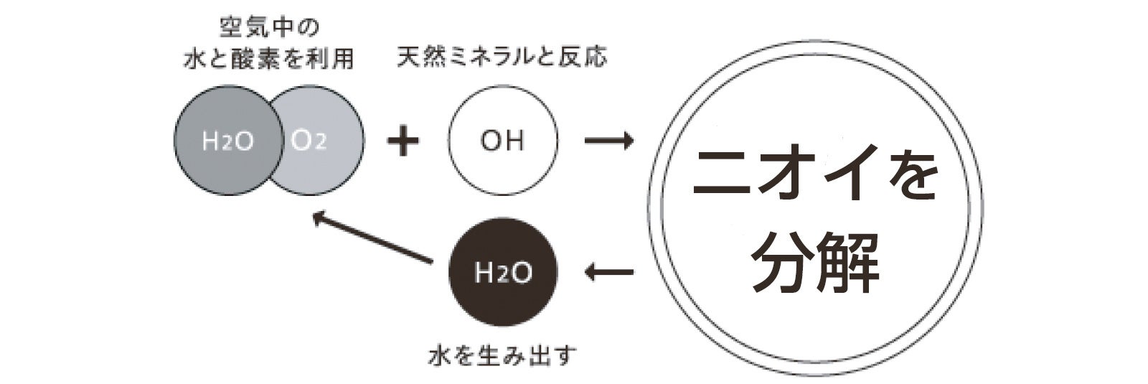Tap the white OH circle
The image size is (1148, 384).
click(x=502, y=140)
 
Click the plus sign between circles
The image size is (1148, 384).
click(x=403, y=141)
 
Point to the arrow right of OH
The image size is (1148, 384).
click(x=609, y=141)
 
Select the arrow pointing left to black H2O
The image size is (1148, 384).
click(x=609, y=272)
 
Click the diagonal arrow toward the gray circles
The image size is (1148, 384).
click(x=373, y=237)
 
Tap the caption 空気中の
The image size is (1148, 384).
click(x=269, y=29)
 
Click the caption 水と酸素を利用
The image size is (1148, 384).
click(x=269, y=59)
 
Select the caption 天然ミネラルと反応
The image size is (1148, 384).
click(x=502, y=57)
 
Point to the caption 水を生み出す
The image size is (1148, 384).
click(x=502, y=356)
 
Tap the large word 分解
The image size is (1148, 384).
click(x=816, y=262)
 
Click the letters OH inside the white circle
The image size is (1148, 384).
click(x=502, y=141)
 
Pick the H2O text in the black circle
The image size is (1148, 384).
click(x=502, y=273)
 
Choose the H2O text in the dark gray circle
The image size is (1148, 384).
click(x=227, y=141)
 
